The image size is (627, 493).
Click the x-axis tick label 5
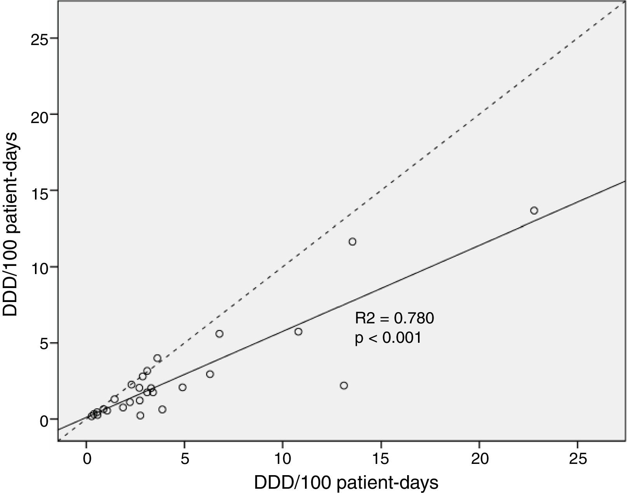tap(185, 458)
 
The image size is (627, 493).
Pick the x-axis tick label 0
tap(86, 458)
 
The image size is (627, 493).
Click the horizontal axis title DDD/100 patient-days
tap(346, 483)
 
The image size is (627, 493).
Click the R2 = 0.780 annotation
tap(394, 319)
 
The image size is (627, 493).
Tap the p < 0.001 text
tap(388, 338)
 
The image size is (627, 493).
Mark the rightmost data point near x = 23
tap(534, 210)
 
